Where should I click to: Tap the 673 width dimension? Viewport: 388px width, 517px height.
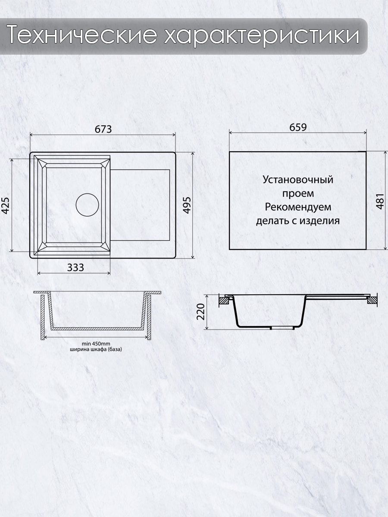[x=103, y=129]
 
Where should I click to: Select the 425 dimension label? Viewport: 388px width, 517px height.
[x=6, y=205]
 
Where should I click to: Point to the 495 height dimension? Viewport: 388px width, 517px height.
[x=188, y=205]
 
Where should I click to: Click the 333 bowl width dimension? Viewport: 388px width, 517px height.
[x=75, y=268]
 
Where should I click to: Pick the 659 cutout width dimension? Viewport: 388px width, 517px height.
[x=298, y=128]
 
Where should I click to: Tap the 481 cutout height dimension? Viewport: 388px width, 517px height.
[x=380, y=201]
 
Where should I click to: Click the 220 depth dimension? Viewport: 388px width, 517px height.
[x=201, y=311]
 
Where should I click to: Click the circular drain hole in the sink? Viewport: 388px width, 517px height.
[x=87, y=205]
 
